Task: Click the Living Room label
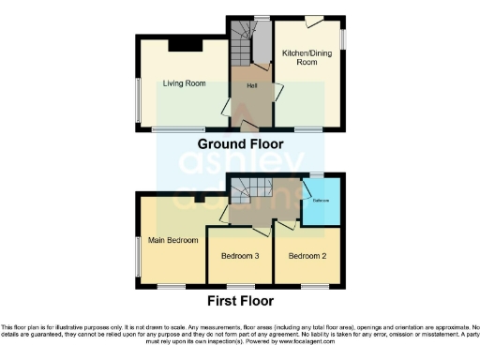coord(184,83)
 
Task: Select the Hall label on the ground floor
coord(252,86)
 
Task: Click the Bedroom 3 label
coord(240,255)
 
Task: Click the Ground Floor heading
coord(239,143)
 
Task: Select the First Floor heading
coord(240,302)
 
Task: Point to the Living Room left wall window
coord(138,98)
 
